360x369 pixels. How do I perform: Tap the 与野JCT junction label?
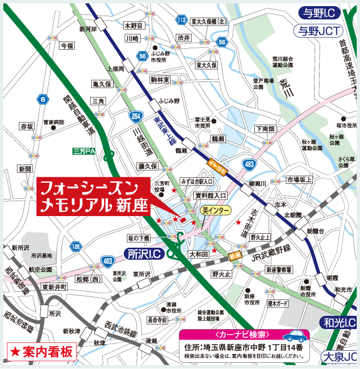click(322, 30)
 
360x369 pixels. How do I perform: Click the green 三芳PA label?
click(84, 151)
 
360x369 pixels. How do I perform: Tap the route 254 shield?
click(136, 116)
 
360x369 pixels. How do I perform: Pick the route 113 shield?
click(181, 20)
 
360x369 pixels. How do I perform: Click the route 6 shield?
click(42, 100)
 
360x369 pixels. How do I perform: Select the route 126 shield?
click(76, 244)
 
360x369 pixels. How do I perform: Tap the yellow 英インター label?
click(214, 210)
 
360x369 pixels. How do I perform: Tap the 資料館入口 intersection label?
click(210, 196)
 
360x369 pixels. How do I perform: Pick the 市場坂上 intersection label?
click(299, 179)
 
